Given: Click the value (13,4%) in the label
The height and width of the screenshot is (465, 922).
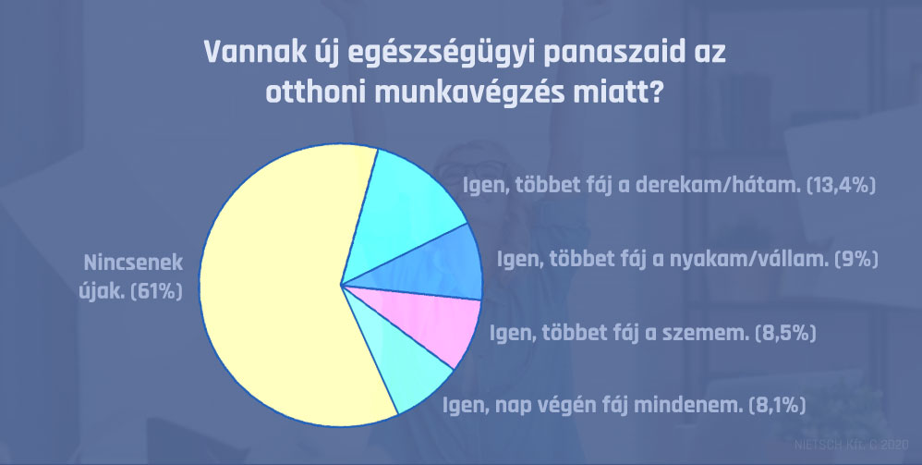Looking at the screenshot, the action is pos(842,186).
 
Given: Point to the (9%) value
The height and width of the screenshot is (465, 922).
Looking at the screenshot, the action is pos(856,259).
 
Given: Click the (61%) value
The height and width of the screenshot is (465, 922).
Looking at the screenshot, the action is pos(156,291).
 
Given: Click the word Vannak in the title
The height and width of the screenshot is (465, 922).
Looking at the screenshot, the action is pos(253,54).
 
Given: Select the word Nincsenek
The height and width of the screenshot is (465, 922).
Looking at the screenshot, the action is pos(133,263).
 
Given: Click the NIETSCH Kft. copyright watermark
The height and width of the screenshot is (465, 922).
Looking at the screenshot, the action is pos(852,445).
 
